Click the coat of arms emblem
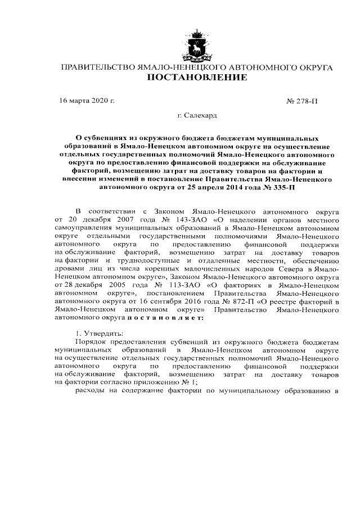[197, 44]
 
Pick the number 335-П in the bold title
[281, 187]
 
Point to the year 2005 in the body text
[125, 286]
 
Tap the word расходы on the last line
[90, 392]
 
